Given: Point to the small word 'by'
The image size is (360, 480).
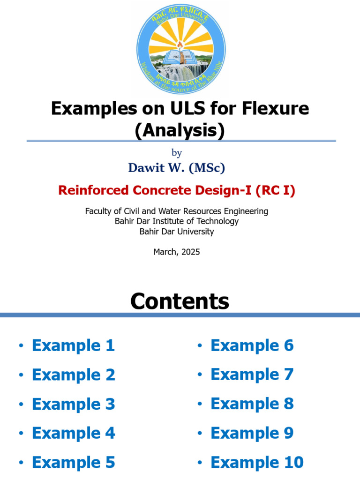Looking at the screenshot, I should click(x=177, y=153).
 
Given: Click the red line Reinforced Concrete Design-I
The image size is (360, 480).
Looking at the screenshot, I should click(x=177, y=190).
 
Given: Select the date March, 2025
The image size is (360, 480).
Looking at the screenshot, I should click(x=177, y=252).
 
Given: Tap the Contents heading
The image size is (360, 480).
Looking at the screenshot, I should click(x=180, y=301).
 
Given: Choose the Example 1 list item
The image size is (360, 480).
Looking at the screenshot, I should click(x=73, y=346).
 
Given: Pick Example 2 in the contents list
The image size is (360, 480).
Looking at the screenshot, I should click(x=73, y=375).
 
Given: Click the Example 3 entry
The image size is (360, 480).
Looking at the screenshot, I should click(x=73, y=404).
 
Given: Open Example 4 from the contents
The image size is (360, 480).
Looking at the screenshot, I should click(x=73, y=433).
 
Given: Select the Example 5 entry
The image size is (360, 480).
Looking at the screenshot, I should click(x=73, y=463).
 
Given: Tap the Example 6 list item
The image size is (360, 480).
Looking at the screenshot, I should click(x=252, y=346).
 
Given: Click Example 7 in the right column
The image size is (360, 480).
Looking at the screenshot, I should click(x=252, y=375).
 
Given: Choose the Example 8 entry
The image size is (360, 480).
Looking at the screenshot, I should click(x=252, y=404).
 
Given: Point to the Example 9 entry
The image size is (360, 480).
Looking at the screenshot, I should click(x=252, y=433).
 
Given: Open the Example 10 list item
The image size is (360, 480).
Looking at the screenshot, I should click(x=257, y=463).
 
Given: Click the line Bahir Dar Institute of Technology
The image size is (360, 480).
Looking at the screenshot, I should click(x=177, y=221).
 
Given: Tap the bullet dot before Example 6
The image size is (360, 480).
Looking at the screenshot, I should click(x=200, y=346).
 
